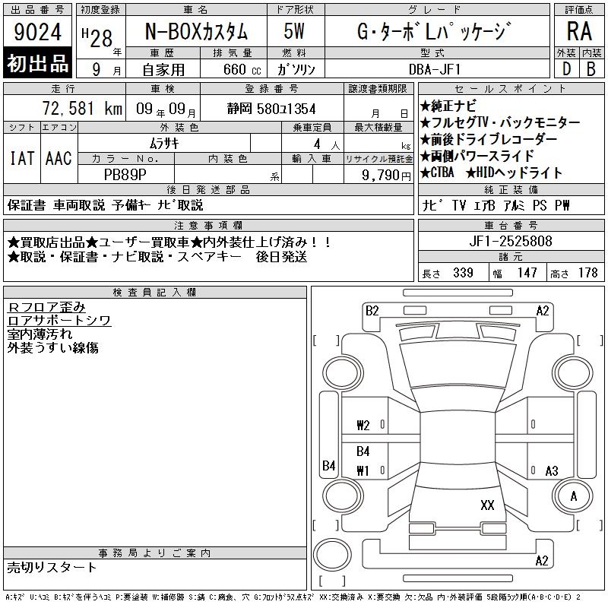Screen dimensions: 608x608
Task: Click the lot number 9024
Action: [x=37, y=32]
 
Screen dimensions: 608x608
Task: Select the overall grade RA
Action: [x=579, y=31]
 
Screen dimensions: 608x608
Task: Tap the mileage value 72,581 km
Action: [x=82, y=109]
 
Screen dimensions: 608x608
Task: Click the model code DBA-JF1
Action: [x=435, y=69]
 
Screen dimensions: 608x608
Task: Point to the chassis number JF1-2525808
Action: [x=511, y=241]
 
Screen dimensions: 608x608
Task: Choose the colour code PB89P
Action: [x=125, y=175]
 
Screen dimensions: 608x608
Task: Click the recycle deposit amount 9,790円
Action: [x=386, y=176]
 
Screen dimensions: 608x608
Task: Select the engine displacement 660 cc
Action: [x=242, y=69]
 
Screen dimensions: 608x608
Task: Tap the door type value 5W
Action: [x=294, y=31]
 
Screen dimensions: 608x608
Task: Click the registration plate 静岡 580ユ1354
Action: [x=271, y=109]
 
